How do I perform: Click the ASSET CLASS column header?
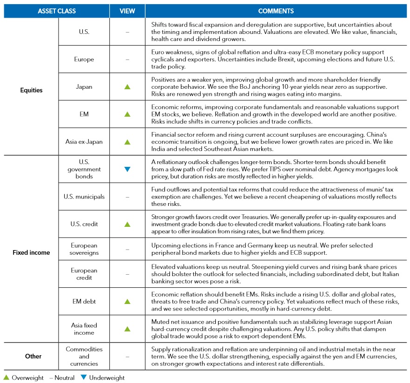57,10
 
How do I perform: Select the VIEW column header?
127,10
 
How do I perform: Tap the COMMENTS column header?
276,10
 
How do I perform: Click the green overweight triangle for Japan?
127,86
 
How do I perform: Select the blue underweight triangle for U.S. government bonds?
127,170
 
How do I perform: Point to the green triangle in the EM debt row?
127,302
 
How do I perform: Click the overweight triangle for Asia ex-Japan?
127,142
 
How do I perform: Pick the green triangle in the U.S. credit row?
127,224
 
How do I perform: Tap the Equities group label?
31,90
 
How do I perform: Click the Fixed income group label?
31,253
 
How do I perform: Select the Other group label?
31,357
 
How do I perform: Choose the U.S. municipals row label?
84,197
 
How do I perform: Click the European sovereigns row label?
84,249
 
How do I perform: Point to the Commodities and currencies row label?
84,357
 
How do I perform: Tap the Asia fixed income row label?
84,329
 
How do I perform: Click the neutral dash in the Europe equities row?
127,59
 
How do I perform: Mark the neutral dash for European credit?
127,274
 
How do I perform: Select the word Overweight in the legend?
27,378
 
